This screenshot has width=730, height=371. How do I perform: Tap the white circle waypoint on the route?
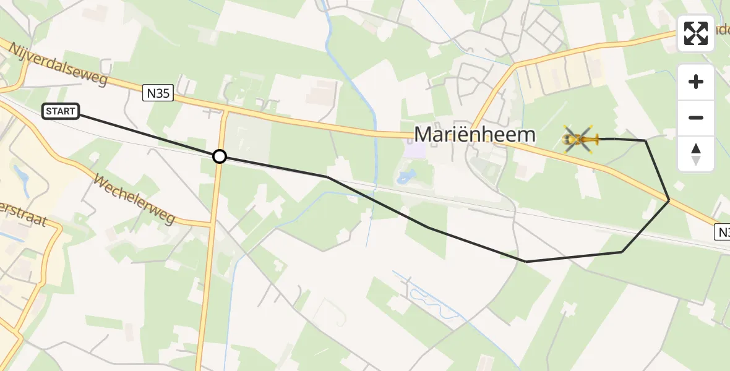tap(220, 156)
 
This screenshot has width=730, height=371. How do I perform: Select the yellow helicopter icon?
tap(580, 139)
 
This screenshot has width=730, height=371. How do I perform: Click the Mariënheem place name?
tap(474, 134)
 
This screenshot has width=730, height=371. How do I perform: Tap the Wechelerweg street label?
tap(135, 199)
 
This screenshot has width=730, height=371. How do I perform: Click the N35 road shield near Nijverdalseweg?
tap(158, 93)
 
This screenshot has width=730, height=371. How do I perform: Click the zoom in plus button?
tap(696, 82)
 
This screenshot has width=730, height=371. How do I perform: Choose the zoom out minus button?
tap(696, 117)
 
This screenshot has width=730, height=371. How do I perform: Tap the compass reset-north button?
tap(696, 153)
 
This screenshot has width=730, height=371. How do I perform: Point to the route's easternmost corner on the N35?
tap(669, 200)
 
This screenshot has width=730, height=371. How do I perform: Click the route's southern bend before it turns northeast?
tap(526, 262)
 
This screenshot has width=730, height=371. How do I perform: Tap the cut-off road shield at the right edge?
tap(723, 232)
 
